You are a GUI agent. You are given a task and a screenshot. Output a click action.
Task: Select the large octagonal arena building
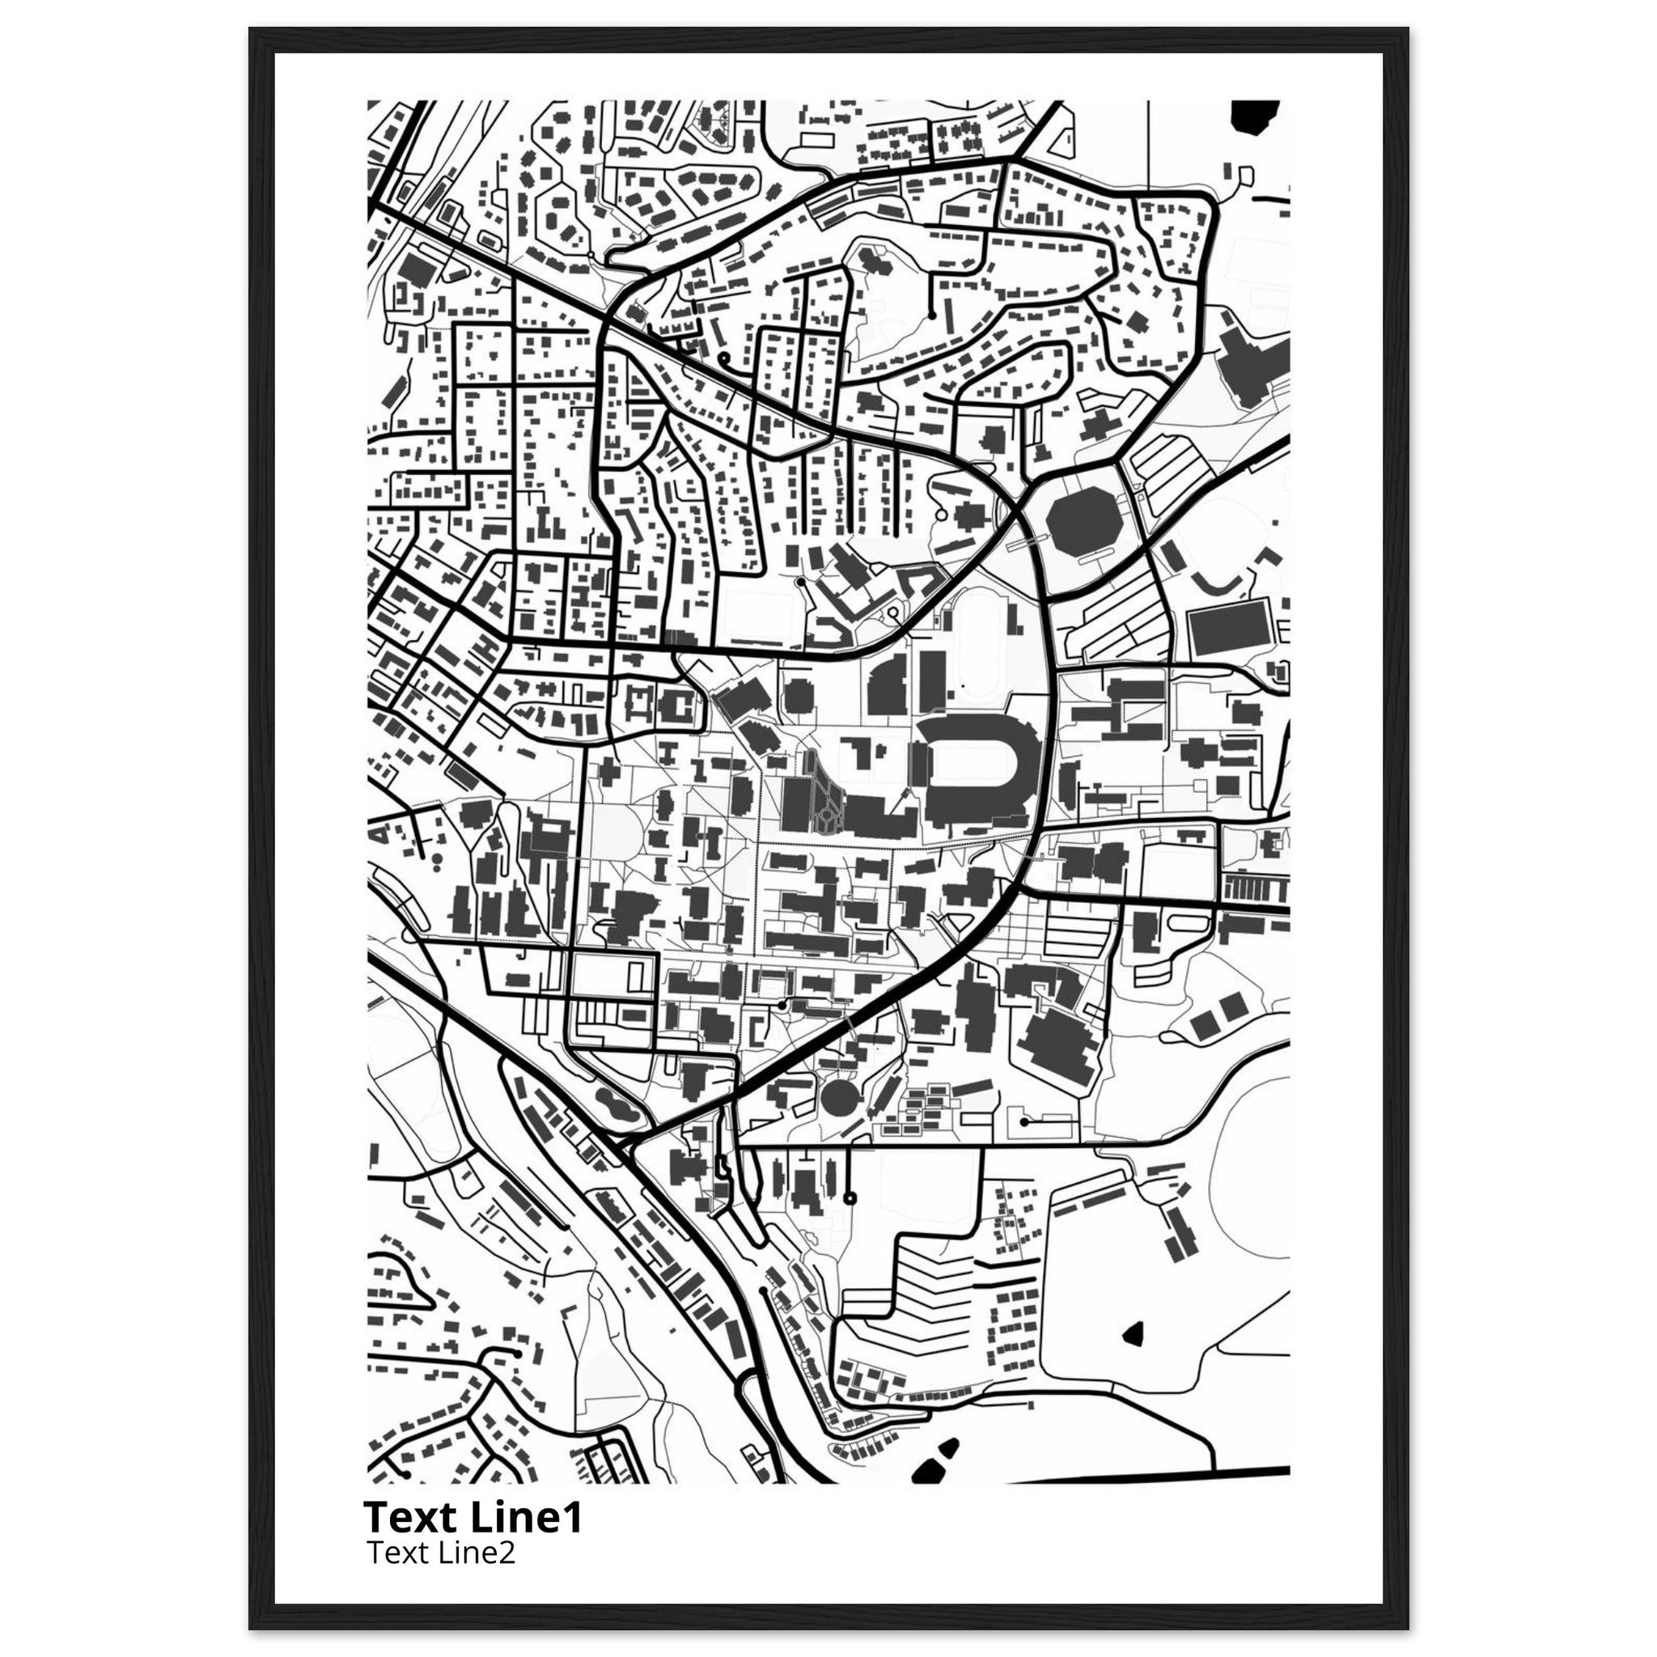[1082, 524]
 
